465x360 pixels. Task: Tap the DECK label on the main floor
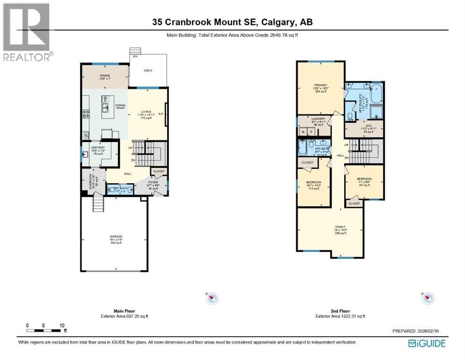[148, 70]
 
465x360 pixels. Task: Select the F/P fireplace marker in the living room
[161, 114]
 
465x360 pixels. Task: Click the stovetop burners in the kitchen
[87, 113]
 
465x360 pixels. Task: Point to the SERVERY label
[98, 148]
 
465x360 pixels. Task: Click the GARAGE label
[116, 236]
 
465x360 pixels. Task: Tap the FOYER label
[153, 182]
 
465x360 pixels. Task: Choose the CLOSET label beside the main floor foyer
[159, 172]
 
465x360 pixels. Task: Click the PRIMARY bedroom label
[320, 85]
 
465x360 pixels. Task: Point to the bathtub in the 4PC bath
[303, 149]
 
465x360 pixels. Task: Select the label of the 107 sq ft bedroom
[364, 179]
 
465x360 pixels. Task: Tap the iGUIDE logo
[427, 344]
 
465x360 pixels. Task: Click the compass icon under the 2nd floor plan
[428, 298]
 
